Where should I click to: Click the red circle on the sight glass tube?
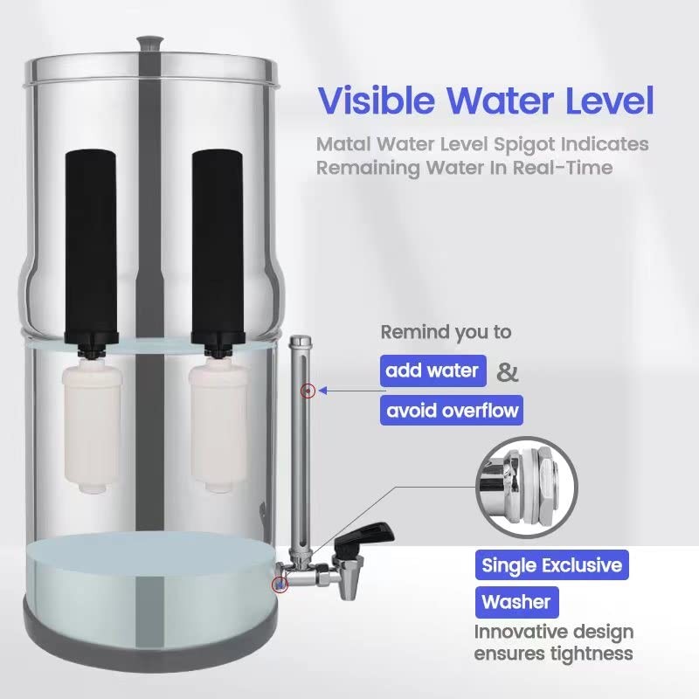click(x=306, y=391)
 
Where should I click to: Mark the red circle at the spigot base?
click(x=280, y=585)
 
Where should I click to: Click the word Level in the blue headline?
click(x=603, y=100)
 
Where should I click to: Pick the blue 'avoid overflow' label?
click(x=452, y=410)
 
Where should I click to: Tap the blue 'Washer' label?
click(x=516, y=602)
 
